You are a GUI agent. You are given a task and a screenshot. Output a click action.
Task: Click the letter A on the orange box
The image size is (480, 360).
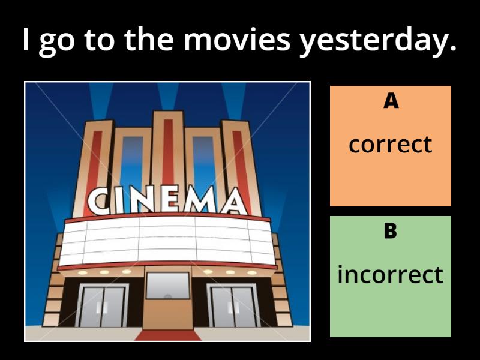click(391, 101)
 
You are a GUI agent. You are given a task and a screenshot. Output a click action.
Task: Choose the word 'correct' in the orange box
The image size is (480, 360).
click(391, 145)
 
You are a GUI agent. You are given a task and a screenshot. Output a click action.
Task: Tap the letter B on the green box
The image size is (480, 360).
click(391, 231)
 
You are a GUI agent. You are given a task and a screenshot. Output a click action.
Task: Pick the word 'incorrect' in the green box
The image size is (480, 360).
click(391, 275)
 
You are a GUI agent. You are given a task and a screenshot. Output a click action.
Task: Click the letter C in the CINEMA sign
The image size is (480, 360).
click(100, 202)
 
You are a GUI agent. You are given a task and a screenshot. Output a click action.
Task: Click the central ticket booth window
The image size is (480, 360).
click(168, 286)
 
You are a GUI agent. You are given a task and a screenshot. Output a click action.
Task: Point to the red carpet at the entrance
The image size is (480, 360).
click(167, 335)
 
